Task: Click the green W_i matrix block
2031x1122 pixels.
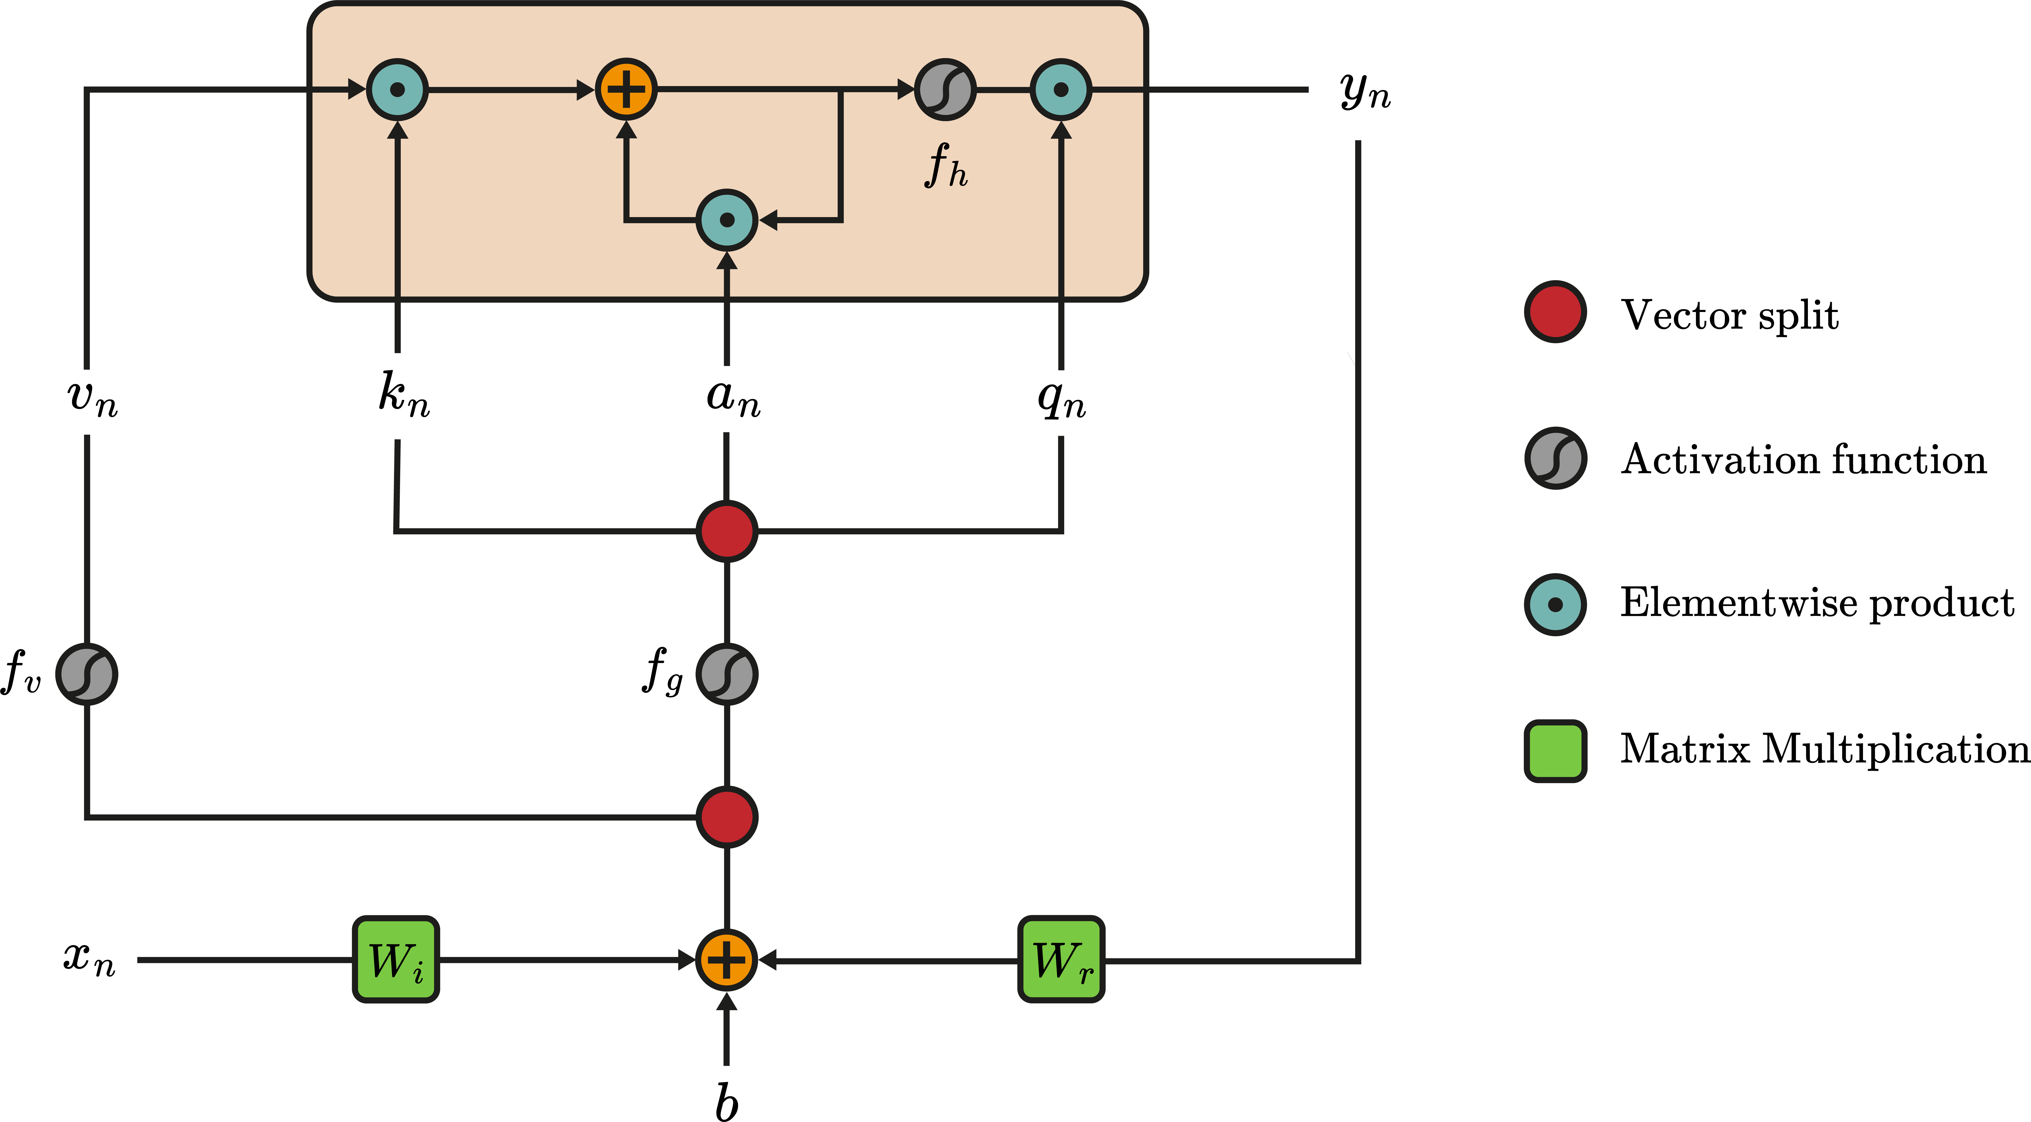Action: click(x=396, y=960)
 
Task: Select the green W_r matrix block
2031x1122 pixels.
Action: click(x=1061, y=960)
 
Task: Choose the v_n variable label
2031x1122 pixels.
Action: click(x=92, y=397)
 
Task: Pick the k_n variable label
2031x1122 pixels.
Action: click(x=404, y=394)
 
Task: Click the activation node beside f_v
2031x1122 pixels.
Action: click(x=87, y=674)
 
